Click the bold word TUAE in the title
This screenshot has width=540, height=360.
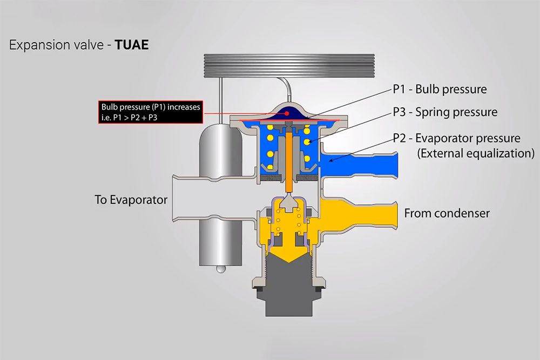132,45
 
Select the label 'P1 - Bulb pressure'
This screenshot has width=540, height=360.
440,89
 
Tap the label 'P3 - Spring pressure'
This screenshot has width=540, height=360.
445,112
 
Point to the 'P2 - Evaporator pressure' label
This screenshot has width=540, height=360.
457,138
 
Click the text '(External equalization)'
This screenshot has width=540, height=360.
476,153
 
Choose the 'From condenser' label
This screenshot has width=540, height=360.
447,213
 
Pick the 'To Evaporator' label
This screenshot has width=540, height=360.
131,200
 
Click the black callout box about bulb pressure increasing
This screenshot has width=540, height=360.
151,112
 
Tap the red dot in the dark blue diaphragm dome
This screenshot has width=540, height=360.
287,113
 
